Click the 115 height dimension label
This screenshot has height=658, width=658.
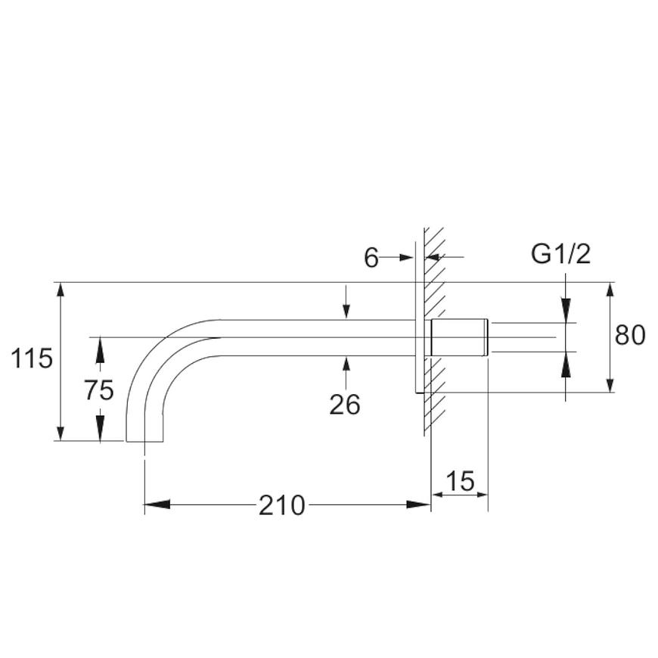point(32,358)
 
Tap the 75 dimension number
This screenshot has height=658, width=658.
point(99,390)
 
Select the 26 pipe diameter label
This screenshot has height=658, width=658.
point(345,405)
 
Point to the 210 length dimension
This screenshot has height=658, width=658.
point(281,505)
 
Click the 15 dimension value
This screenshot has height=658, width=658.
point(460,481)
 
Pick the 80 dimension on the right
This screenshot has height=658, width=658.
point(630,335)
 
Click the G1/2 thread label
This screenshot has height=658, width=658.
point(560,254)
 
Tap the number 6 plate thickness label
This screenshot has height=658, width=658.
point(371,258)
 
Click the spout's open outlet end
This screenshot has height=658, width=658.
point(144,441)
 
